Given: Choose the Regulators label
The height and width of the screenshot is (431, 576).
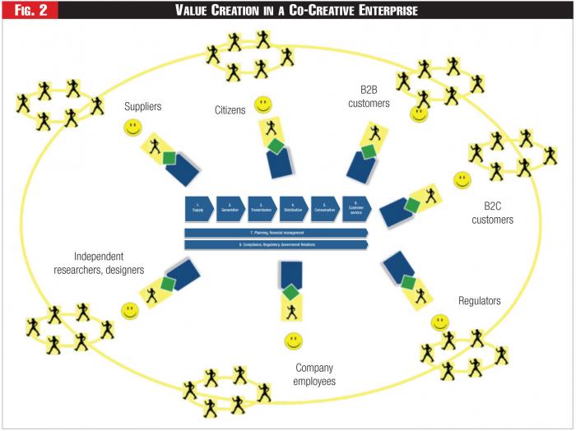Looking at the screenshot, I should pyautogui.click(x=479, y=301).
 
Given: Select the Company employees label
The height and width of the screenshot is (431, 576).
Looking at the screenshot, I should pyautogui.click(x=315, y=374).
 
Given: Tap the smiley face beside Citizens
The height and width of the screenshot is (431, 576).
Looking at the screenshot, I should pyautogui.click(x=262, y=104).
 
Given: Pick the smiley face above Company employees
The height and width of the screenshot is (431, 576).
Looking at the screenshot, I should pyautogui.click(x=293, y=340).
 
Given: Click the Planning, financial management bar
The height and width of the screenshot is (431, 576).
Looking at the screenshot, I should pyautogui.click(x=275, y=234).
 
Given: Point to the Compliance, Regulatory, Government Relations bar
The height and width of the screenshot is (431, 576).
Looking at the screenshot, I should pyautogui.click(x=275, y=244).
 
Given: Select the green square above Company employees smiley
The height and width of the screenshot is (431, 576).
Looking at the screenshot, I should pyautogui.click(x=290, y=291).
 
